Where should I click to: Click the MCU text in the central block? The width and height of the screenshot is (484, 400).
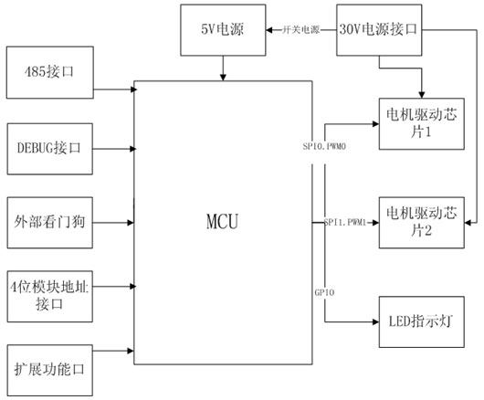(222, 221)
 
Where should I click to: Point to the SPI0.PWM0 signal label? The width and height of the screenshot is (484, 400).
(324, 146)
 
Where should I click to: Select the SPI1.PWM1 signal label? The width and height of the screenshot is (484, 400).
(345, 222)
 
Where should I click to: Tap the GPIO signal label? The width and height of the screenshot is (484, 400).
(324, 292)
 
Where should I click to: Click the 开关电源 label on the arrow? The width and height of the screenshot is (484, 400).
(301, 30)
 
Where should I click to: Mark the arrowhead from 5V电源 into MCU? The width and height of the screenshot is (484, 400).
(223, 78)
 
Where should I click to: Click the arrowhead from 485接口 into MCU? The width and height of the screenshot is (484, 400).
(133, 89)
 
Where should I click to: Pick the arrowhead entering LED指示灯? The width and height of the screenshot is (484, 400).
(375, 321)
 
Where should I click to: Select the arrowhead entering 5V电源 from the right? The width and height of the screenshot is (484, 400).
(269, 30)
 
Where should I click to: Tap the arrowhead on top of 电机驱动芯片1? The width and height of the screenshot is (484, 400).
(422, 95)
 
